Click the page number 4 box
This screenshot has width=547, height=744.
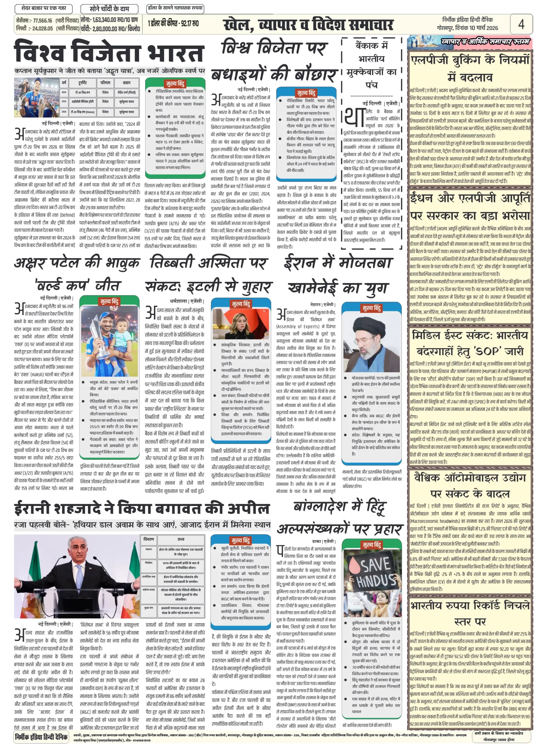point(521,24)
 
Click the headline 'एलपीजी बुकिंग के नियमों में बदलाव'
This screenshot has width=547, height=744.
point(470,68)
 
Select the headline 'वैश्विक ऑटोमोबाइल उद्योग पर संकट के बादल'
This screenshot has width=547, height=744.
point(470,486)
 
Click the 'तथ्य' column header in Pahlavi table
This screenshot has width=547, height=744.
point(181,539)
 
